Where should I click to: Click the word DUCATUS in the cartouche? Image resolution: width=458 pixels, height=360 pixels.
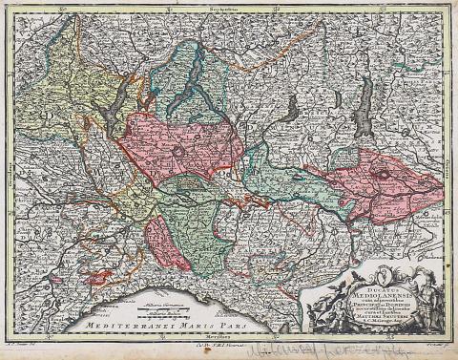pyautogui.click(x=378, y=275)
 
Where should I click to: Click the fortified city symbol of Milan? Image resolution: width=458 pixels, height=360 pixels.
pyautogui.click(x=177, y=150)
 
